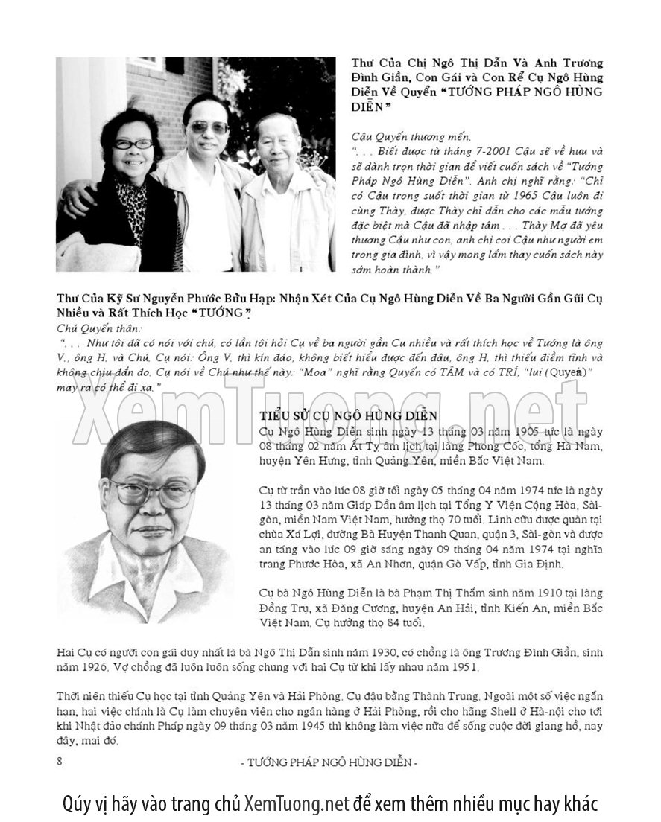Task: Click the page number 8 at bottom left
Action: pos(59,760)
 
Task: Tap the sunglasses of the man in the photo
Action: pos(209,127)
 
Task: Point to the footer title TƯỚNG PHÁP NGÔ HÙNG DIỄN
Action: pos(330,762)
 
